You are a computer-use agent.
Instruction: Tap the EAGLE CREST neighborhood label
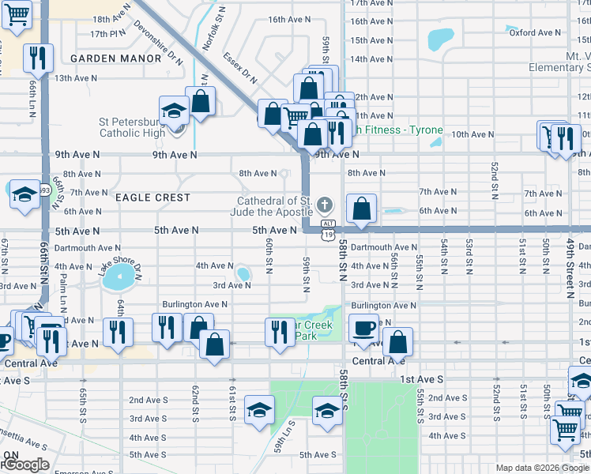click(x=153, y=197)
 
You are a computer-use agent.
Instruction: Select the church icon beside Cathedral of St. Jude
click(x=324, y=206)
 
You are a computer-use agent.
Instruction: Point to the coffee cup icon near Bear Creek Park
click(x=363, y=329)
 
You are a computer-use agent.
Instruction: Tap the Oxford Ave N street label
click(x=534, y=32)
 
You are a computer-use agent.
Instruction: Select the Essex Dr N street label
click(x=240, y=69)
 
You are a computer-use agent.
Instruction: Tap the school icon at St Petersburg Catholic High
click(x=174, y=111)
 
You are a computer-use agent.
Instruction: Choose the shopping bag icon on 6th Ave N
click(x=361, y=209)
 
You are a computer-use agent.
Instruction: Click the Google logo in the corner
click(x=24, y=465)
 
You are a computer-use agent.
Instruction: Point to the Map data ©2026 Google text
click(x=542, y=468)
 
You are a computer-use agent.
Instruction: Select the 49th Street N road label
click(x=570, y=269)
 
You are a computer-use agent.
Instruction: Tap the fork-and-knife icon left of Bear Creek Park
click(x=278, y=330)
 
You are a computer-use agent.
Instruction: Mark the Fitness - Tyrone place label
click(x=399, y=130)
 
